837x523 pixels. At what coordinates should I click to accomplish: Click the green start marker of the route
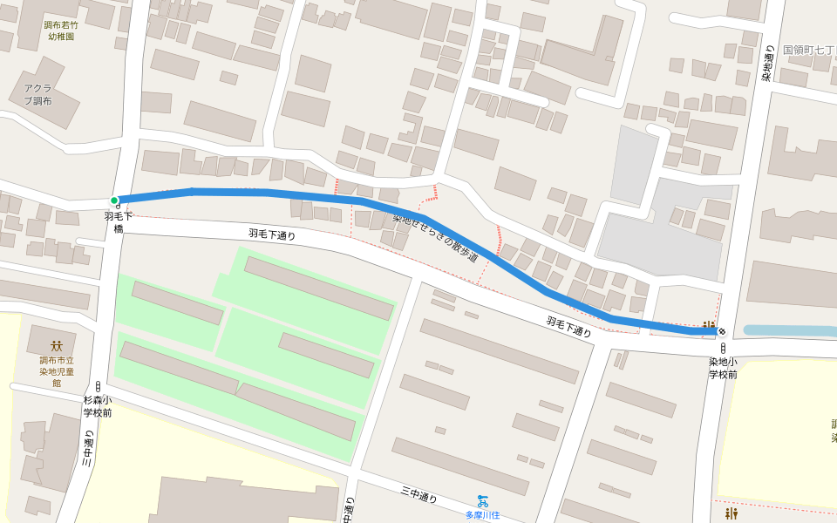[114, 200]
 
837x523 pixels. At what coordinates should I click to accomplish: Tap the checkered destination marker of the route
[722, 331]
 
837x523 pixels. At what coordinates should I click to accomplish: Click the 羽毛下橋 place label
[118, 221]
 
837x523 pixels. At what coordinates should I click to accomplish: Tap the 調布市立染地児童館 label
[58, 371]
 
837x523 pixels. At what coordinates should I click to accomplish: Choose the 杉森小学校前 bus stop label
[97, 406]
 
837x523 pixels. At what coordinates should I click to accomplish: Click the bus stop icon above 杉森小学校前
[98, 385]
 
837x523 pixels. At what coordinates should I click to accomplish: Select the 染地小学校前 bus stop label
[723, 367]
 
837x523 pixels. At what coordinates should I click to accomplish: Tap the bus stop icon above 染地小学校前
[723, 348]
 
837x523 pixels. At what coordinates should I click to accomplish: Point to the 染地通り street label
[766, 63]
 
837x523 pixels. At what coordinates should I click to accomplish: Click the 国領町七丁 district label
[809, 51]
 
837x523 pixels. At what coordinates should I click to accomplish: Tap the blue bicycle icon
[482, 500]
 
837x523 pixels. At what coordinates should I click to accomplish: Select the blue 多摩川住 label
[482, 515]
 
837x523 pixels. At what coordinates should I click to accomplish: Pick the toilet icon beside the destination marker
[709, 325]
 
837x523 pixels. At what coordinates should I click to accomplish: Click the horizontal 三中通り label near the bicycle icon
[418, 496]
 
